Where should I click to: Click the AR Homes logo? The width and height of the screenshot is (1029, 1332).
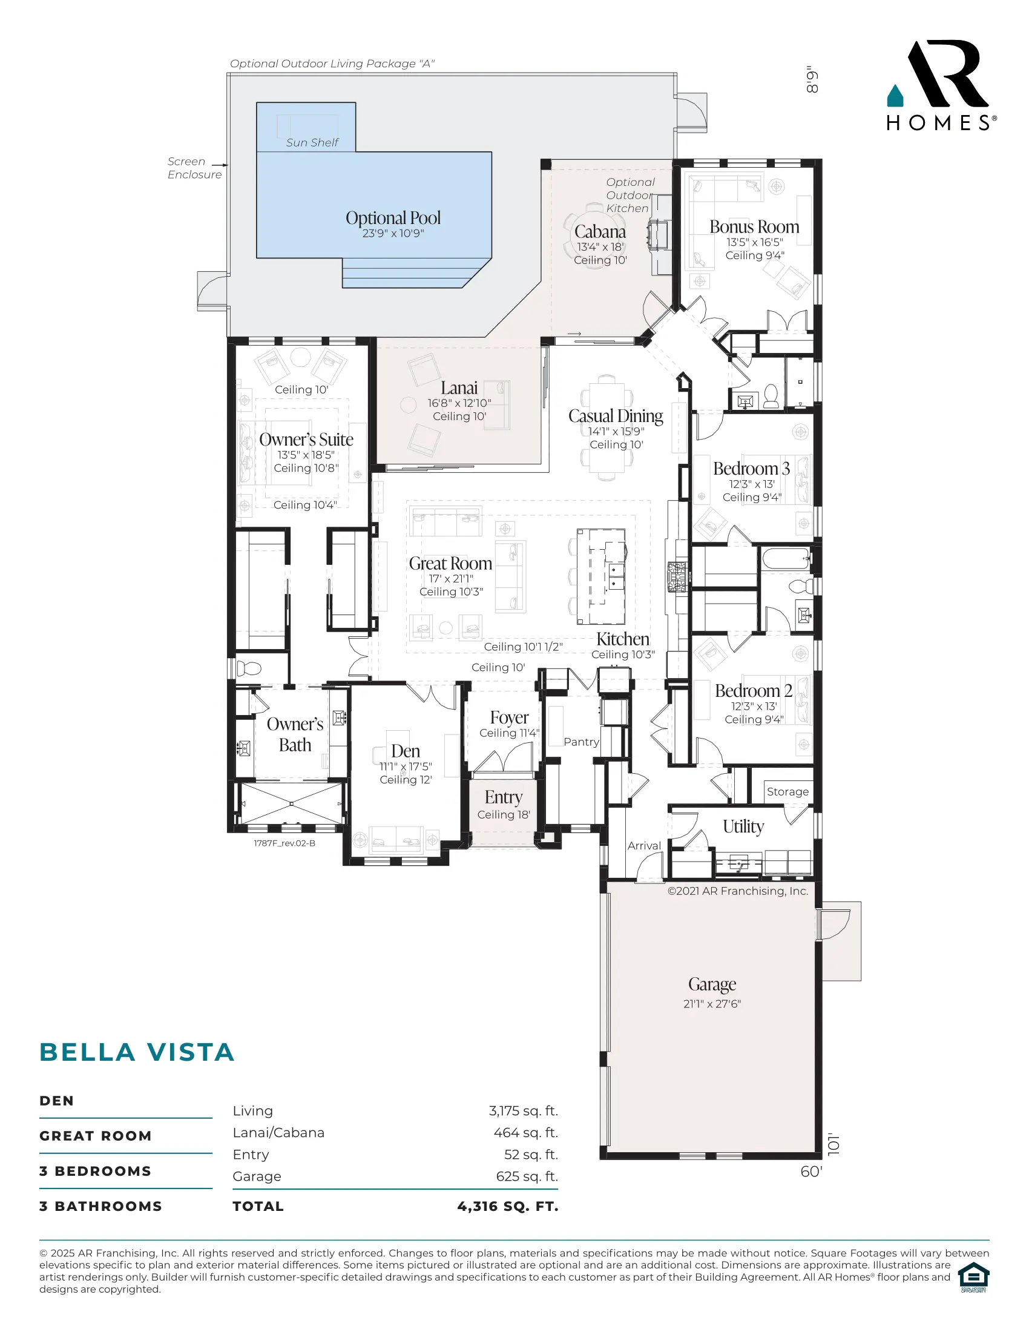tap(941, 85)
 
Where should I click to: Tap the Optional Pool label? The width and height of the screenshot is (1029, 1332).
tap(393, 218)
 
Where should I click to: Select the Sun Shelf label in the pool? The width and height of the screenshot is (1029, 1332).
tap(312, 142)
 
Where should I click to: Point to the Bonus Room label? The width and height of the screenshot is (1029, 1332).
tap(754, 226)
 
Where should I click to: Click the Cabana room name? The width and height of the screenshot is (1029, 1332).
tap(600, 232)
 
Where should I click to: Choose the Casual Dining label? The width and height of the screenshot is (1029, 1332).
tap(616, 416)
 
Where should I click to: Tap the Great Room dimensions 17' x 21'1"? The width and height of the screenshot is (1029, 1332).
tap(451, 578)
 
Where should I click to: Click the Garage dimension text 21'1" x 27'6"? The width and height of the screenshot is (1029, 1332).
tap(712, 1004)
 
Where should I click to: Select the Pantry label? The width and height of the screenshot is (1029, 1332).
tap(581, 742)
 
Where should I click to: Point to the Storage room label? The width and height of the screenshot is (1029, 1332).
tap(787, 792)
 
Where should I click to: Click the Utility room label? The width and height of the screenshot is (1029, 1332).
tap(743, 826)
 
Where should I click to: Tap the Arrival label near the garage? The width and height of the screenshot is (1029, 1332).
tap(645, 846)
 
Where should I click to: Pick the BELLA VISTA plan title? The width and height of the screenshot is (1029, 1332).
tap(137, 1052)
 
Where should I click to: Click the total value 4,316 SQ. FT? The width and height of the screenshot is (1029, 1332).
tap(508, 1206)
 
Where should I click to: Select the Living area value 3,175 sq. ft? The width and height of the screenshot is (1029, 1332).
tap(523, 1111)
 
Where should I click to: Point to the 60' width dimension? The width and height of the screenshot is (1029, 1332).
tap(810, 1172)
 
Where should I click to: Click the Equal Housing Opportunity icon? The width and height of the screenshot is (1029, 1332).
tap(973, 1277)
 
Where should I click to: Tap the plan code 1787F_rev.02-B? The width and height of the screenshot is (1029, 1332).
tap(284, 843)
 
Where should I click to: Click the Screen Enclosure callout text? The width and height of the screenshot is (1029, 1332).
tap(194, 168)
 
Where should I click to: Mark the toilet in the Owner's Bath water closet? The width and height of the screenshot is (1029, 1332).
tap(248, 668)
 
